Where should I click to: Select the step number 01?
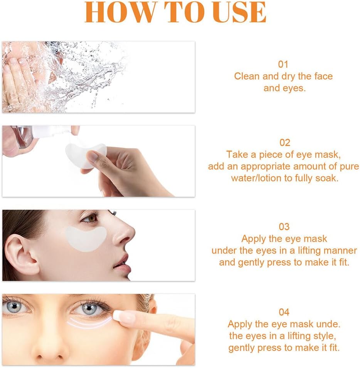click(283, 64)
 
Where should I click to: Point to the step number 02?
click(284, 142)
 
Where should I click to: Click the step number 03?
click(284, 227)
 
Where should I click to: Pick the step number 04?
click(284, 312)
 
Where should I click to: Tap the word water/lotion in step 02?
click(256, 178)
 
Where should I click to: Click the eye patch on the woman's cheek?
click(86, 239)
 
